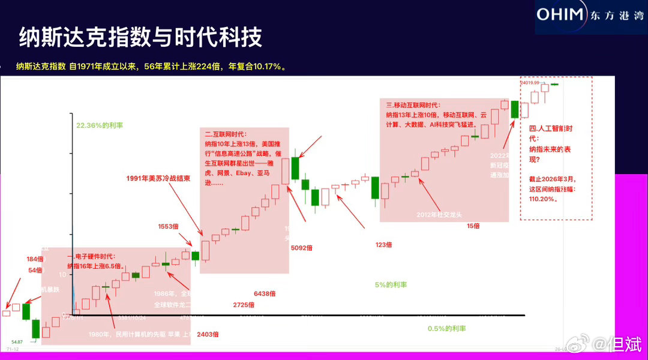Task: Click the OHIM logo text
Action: (560, 14)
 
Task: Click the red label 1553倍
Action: (170, 226)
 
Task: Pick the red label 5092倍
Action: (302, 247)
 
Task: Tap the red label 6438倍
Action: (265, 293)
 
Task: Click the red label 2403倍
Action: (208, 334)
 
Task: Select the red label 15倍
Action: (473, 226)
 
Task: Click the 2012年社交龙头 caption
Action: (441, 214)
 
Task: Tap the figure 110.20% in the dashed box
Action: (541, 198)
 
